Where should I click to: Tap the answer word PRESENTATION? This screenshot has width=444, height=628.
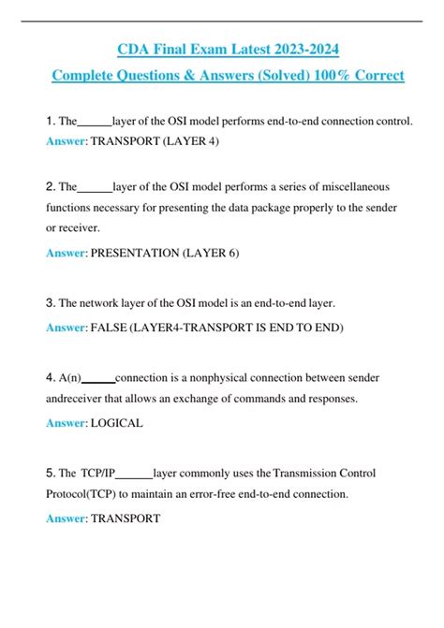coord(133,253)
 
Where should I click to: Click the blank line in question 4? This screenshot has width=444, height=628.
coord(99,380)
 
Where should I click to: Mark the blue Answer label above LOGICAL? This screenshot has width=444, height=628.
coord(65,423)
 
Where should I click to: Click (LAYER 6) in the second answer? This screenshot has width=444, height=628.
coord(216,253)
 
